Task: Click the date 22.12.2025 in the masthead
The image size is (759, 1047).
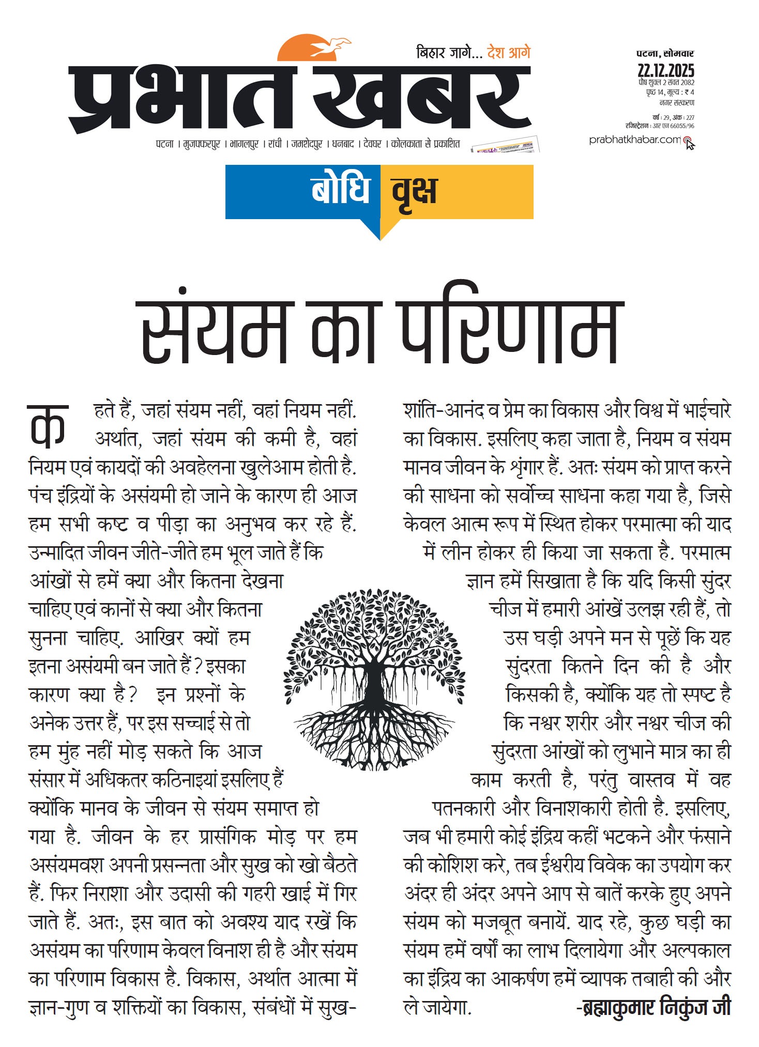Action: pos(665,70)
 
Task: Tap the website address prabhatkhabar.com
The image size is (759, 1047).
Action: pos(634,140)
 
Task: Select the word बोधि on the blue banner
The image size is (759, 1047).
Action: pos(341,190)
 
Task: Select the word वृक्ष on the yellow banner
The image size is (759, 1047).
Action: pos(414,191)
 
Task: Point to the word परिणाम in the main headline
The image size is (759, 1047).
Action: pos(510,331)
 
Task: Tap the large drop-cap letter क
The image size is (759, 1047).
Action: pos(48,425)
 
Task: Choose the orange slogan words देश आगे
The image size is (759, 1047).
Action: pos(509,53)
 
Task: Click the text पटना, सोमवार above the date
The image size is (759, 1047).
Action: pos(665,53)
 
